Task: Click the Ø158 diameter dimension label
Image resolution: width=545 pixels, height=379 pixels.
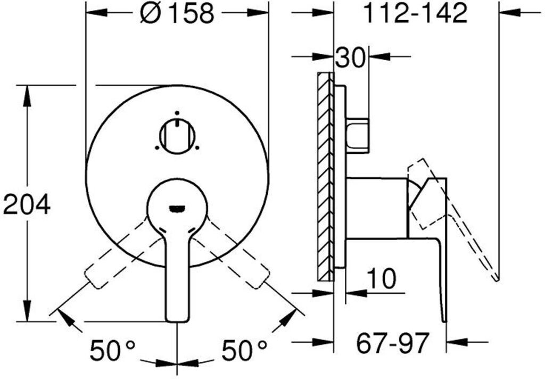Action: point(177,14)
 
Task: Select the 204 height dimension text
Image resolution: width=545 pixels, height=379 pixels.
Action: point(27,205)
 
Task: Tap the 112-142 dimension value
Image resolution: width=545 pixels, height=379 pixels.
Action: point(415,13)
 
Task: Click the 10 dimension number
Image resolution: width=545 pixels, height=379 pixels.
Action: point(382,278)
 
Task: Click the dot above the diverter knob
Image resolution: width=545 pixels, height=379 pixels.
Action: point(177,113)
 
